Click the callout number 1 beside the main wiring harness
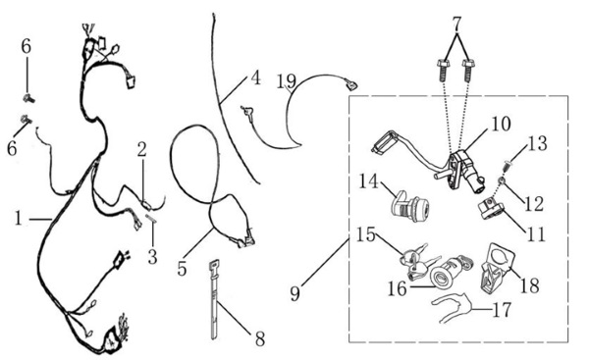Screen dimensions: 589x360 18,218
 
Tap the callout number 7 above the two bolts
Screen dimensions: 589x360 456,24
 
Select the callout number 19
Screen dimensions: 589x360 287,81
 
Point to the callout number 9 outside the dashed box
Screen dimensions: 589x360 295,293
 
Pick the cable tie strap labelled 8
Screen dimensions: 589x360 214,299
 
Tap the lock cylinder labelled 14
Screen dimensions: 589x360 410,205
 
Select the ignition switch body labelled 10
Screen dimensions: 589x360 465,171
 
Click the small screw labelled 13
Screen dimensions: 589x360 507,165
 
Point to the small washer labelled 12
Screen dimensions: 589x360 502,181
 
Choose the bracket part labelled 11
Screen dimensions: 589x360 491,209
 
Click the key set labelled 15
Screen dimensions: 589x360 417,261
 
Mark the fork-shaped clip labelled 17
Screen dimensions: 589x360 452,309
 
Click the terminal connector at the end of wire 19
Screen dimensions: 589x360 350,84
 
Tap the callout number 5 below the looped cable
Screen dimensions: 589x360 182,268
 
